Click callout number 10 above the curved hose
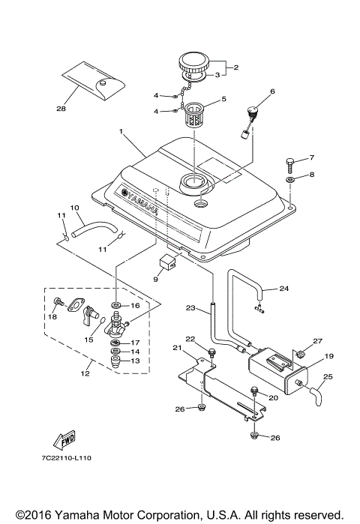point(73,207)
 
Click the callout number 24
point(283,288)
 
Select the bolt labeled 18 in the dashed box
point(57,302)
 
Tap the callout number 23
point(190,307)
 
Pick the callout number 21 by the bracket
point(178,347)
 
